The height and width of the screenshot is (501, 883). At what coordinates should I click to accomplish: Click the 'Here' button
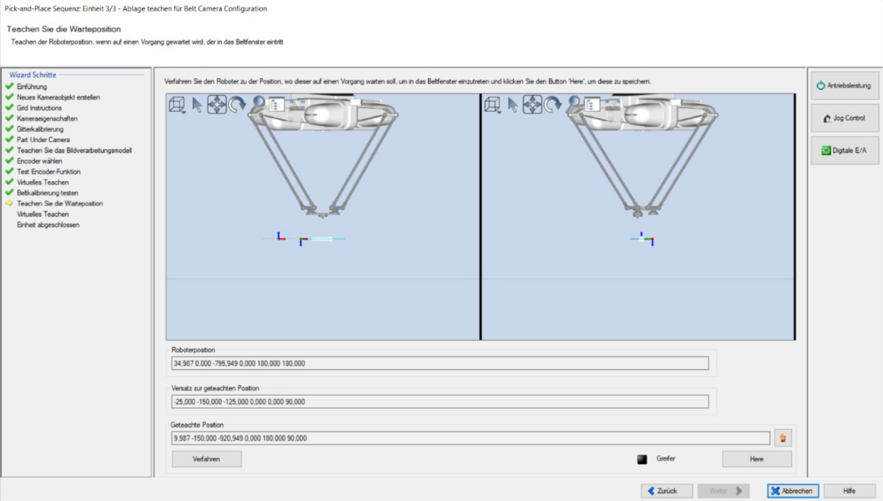(756, 459)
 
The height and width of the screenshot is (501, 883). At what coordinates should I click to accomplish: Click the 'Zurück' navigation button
(667, 491)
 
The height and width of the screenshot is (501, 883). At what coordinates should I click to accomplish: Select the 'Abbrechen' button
(792, 491)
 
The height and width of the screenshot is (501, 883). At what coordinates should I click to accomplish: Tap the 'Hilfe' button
(849, 491)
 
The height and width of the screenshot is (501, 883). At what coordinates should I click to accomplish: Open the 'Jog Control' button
(845, 118)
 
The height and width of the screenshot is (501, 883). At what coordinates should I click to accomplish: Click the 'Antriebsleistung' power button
(845, 85)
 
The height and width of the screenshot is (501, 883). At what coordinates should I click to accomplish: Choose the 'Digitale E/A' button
(845, 150)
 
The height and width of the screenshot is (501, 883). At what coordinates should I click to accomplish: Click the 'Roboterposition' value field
(440, 363)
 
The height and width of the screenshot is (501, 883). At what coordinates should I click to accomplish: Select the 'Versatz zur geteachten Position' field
(440, 402)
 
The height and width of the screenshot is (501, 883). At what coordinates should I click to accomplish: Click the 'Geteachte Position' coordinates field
(471, 438)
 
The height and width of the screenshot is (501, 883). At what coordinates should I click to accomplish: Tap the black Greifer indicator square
(642, 459)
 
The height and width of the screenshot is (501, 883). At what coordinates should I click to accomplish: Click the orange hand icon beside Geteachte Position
(783, 438)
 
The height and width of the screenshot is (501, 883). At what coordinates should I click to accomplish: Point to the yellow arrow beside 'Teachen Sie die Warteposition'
(9, 203)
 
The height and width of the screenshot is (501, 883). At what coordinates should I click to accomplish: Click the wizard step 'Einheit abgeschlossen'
(48, 225)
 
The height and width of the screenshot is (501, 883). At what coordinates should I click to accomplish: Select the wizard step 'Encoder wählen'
(40, 161)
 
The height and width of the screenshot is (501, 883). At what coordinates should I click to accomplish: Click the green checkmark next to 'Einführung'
(10, 86)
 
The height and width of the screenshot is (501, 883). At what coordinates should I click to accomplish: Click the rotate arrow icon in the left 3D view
(237, 105)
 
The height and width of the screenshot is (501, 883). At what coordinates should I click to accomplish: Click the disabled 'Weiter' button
(723, 491)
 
